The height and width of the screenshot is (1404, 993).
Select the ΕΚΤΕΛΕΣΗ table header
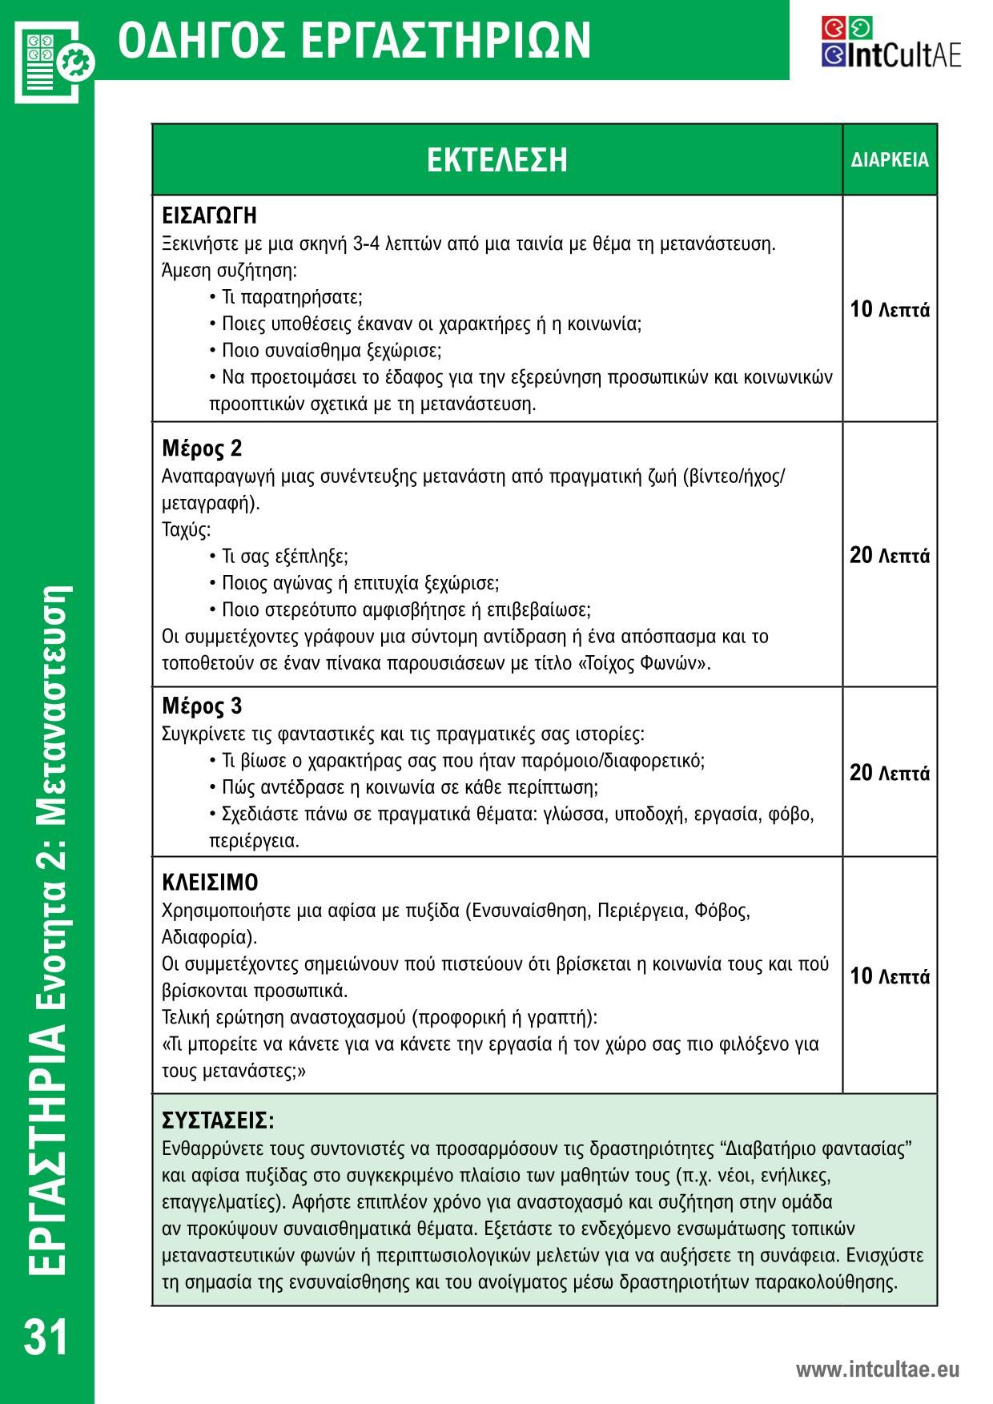coord(496,159)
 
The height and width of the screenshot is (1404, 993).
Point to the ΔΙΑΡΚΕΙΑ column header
coord(890,160)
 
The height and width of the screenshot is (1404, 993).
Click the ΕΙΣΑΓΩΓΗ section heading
coord(209,216)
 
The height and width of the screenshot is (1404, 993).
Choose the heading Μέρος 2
coord(202,449)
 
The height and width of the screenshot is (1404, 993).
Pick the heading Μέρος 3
coord(202,706)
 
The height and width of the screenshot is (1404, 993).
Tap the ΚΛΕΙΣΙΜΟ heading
coord(210,883)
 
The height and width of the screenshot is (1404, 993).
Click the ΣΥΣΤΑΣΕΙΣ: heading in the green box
coord(218,1119)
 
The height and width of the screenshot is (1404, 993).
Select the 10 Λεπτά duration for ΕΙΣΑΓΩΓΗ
coord(890,310)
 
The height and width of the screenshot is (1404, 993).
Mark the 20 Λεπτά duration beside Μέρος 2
coord(890,555)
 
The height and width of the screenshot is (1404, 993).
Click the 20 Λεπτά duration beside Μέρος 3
coord(890,773)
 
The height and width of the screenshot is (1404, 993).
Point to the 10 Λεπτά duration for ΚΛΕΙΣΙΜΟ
coord(890,976)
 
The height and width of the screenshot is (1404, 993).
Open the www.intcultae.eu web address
coord(877,1370)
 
